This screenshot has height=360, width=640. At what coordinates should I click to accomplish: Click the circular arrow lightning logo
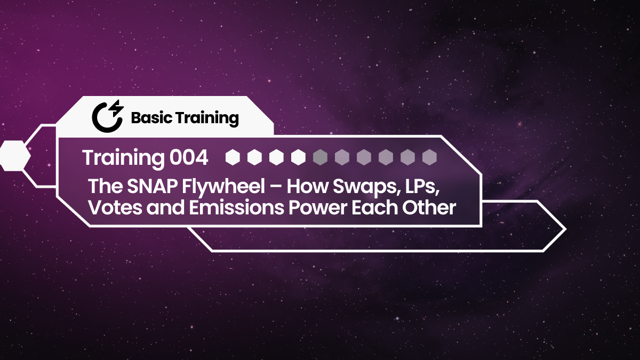pos(107,115)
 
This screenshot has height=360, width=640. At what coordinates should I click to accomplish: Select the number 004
pos(188,157)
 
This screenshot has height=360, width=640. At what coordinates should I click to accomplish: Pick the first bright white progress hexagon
pos(233,157)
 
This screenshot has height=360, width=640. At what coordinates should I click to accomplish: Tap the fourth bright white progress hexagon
pos(298,157)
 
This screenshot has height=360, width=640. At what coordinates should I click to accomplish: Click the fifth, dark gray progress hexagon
pos(320,157)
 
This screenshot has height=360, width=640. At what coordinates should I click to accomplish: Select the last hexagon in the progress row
pos(429,157)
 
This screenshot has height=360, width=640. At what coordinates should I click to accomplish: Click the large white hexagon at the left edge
pos(14,156)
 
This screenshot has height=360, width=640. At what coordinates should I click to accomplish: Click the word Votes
pos(109,207)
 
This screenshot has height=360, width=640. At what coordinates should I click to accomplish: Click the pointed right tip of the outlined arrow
pos(565,229)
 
